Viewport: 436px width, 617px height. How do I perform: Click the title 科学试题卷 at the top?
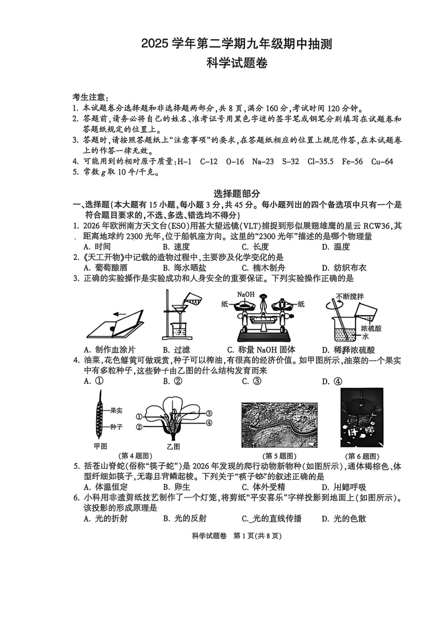237,63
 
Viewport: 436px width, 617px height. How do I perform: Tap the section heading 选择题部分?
237,194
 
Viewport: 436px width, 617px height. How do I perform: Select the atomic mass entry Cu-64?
382,162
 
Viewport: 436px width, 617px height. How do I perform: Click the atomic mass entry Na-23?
263,162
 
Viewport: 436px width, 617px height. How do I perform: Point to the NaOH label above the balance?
246,294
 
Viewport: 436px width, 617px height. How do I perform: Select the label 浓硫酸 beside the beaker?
371,328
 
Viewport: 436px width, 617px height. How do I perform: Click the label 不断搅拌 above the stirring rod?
350,296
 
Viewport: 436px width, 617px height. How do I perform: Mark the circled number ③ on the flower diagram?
209,413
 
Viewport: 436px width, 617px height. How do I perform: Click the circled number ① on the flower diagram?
139,416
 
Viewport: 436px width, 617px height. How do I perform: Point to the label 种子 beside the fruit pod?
116,427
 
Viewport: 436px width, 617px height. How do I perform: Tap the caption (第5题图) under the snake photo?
279,456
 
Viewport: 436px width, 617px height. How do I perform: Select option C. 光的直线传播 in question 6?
271,518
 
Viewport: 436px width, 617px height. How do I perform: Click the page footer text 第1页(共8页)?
257,536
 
